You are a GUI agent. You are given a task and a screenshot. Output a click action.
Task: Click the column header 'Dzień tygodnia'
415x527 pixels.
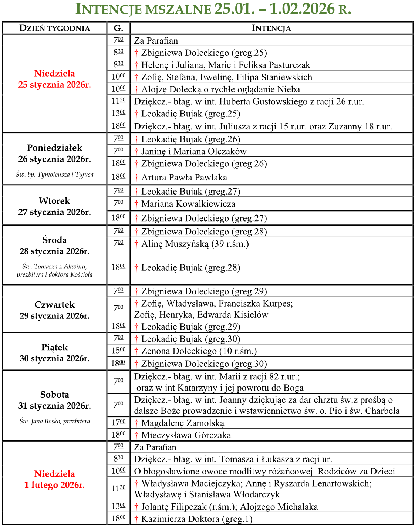click(54, 28)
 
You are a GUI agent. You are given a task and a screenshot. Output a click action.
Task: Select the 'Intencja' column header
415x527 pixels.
click(271, 28)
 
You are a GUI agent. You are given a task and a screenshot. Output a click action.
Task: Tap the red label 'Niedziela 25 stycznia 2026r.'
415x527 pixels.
click(54, 79)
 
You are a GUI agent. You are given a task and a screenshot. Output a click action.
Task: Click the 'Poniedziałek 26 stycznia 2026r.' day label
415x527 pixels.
click(54, 153)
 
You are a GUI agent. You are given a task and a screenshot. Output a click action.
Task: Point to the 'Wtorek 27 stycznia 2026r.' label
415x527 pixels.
click(54, 206)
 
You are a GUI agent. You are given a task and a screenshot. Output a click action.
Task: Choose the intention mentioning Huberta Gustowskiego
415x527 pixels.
click(249, 101)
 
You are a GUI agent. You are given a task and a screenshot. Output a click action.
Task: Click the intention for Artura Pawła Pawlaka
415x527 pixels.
click(184, 178)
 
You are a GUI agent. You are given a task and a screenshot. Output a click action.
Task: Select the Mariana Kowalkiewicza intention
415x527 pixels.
click(188, 204)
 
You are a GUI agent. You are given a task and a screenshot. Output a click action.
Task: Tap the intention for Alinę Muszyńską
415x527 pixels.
click(195, 244)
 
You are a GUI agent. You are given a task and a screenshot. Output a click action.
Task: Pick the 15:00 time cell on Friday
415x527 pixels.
click(118, 350)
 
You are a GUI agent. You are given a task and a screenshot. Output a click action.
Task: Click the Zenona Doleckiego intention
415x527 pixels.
click(199, 351)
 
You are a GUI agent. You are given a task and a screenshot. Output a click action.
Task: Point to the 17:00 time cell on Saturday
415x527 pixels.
click(118, 422)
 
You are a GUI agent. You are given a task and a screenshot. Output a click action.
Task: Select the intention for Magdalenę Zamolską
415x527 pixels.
click(182, 423)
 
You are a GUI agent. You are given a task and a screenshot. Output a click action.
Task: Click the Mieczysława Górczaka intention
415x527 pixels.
click(186, 435)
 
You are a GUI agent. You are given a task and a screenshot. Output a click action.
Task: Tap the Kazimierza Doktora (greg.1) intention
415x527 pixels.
click(196, 519)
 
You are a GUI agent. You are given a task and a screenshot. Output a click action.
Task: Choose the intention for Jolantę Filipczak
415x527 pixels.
click(229, 507)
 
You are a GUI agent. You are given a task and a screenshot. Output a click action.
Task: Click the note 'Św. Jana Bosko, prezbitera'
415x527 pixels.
click(54, 421)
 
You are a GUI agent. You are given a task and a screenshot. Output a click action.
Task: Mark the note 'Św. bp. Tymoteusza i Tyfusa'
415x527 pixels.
click(54, 175)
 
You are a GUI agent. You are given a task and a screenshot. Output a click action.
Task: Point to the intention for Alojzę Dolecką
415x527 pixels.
click(220, 89)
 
